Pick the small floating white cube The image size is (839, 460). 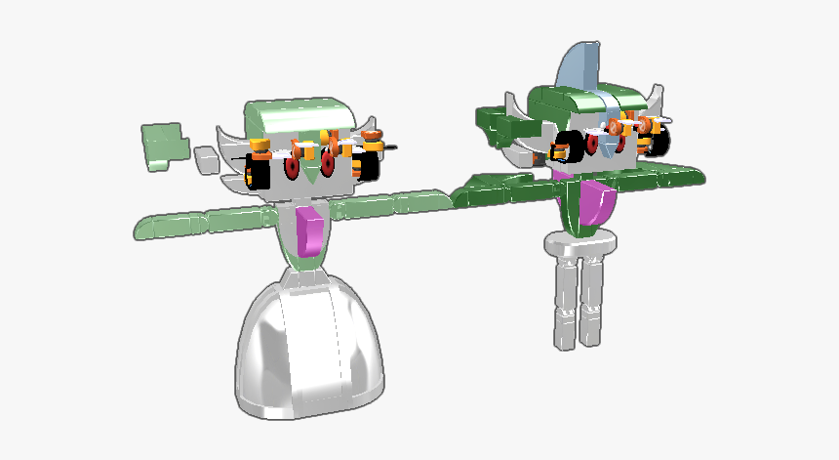point(205,159)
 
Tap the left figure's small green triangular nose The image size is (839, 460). point(310,174)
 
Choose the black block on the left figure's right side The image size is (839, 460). point(371,164)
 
